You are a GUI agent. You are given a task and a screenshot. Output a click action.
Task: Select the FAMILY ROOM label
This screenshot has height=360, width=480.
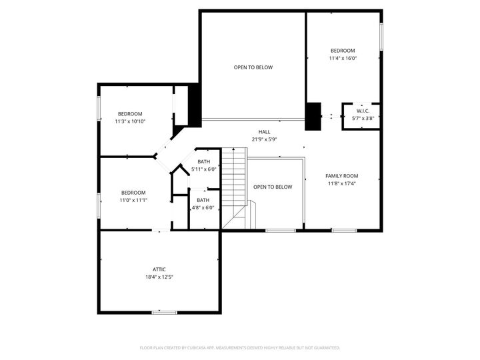coord(341,176)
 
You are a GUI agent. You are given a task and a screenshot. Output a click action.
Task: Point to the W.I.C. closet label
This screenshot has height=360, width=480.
coord(363,111)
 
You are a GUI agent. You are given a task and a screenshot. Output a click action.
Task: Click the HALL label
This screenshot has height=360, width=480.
coord(264,132)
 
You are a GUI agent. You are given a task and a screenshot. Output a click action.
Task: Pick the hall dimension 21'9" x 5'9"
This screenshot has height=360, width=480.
coord(264,139)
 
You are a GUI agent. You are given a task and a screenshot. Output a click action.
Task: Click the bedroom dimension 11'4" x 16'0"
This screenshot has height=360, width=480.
coord(343,58)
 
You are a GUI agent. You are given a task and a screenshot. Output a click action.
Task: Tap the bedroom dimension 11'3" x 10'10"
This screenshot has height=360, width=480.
coord(130,121)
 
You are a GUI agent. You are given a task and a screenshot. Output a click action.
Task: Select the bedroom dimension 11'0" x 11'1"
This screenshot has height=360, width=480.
coord(133,200)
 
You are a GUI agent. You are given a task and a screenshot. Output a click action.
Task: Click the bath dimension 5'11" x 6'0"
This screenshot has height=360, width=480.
coord(203,169)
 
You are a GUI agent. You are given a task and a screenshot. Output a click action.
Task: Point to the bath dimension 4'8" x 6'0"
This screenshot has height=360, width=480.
coord(203,207)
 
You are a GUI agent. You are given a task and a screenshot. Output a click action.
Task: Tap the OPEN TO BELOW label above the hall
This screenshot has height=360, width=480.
coord(253,67)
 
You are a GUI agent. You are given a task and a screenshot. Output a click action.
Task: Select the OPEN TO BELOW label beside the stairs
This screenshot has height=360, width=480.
coord(273,187)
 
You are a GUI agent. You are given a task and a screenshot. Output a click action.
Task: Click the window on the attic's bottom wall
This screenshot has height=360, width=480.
coord(164,312)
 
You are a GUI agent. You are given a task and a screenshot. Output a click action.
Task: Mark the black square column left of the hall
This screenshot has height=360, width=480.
coord(195,105)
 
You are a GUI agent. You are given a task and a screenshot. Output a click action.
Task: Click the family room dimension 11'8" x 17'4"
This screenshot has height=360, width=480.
coord(341,183)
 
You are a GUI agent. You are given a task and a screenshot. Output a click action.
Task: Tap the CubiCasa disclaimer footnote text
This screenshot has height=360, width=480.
coord(240,347)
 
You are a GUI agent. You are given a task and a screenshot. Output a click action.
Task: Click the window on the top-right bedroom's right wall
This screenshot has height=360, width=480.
coord(381,37)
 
